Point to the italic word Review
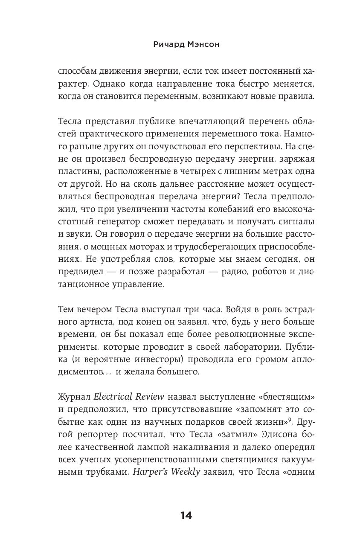(150, 396)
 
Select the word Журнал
(73, 396)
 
